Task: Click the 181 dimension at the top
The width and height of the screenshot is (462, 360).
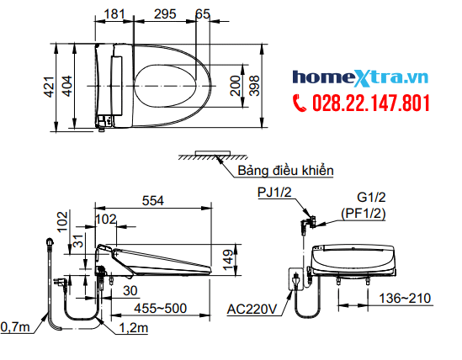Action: click(x=114, y=13)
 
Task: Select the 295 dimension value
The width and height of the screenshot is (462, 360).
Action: click(x=165, y=13)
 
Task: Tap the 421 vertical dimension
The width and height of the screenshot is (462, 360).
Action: click(x=49, y=87)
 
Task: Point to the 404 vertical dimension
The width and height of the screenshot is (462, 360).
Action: click(x=67, y=86)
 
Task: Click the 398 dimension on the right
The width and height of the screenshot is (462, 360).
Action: click(x=255, y=86)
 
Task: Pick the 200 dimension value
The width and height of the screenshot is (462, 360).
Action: click(x=236, y=86)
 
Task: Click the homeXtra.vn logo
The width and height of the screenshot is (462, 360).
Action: click(x=360, y=78)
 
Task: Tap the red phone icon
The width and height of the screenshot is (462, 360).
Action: click(x=300, y=103)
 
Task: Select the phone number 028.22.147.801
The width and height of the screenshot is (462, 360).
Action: click(x=371, y=103)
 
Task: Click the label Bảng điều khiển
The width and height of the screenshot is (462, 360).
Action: click(x=285, y=171)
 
